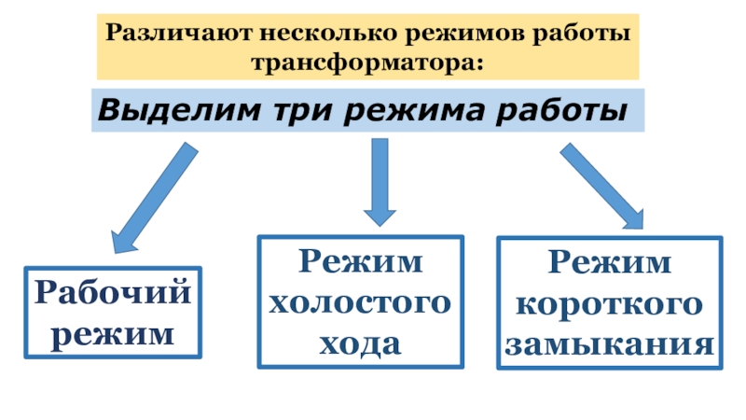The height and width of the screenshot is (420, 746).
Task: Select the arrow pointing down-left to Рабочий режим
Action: (154, 198)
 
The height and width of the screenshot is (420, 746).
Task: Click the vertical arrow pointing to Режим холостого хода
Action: (380, 182)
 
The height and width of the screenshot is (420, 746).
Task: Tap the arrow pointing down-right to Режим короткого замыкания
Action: (601, 187)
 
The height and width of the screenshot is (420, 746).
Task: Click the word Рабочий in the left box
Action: (114, 295)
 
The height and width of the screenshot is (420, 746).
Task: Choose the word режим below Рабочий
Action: (114, 332)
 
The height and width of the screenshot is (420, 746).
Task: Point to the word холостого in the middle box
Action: (359, 303)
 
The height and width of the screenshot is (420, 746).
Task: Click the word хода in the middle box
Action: (360, 343)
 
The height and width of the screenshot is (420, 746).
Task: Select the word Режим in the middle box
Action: (360, 263)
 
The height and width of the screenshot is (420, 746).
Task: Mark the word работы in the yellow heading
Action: (580, 34)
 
